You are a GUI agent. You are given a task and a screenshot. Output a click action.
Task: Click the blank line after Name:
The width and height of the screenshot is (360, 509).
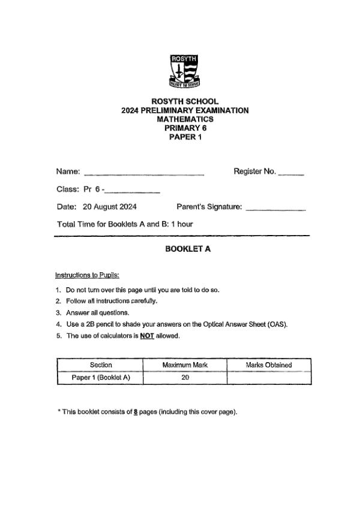[x=144, y=173]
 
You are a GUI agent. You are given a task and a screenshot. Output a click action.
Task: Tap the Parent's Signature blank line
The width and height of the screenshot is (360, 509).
[x=276, y=209]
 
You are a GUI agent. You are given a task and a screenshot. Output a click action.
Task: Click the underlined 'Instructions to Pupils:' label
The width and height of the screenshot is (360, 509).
[x=88, y=275]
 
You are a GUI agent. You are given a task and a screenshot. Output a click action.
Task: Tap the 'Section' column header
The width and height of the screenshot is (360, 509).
[x=101, y=365]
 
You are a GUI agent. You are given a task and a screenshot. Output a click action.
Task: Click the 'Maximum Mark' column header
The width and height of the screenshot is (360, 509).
[x=185, y=365]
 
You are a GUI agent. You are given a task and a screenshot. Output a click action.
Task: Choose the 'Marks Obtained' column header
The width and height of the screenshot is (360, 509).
[x=269, y=365]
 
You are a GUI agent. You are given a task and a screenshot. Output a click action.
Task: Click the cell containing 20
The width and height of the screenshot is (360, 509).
[x=185, y=378]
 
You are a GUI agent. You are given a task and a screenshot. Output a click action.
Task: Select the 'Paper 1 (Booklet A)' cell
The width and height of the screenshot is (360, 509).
[x=101, y=378]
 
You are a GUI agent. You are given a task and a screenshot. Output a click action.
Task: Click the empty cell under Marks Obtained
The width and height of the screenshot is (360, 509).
[x=269, y=378]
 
